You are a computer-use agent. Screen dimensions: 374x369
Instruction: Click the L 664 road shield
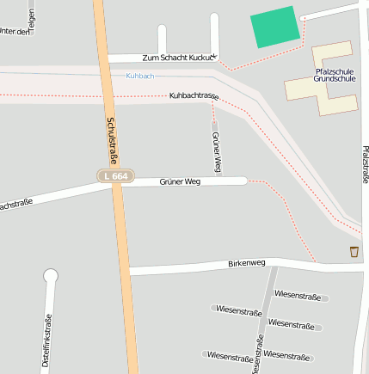pos(114,176)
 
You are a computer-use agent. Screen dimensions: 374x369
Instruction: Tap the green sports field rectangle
pos(276,28)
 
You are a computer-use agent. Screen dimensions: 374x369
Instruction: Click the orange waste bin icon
pos(354,251)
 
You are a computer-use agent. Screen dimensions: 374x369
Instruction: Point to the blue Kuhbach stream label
pos(139,77)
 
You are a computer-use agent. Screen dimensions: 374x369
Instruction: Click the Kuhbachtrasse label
pos(194,95)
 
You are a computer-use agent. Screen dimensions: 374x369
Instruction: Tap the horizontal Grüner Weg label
pos(180,181)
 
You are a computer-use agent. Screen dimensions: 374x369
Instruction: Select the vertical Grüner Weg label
pos(217,151)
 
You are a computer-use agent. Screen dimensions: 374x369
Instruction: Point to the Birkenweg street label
pos(247,263)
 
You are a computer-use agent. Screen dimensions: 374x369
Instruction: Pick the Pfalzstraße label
pos(365,163)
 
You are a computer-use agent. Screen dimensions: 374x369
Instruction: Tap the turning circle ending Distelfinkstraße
pos(51,276)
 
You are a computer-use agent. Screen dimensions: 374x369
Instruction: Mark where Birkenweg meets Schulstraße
pos(126,272)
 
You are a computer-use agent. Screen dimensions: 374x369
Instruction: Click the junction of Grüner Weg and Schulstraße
pos(116,185)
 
